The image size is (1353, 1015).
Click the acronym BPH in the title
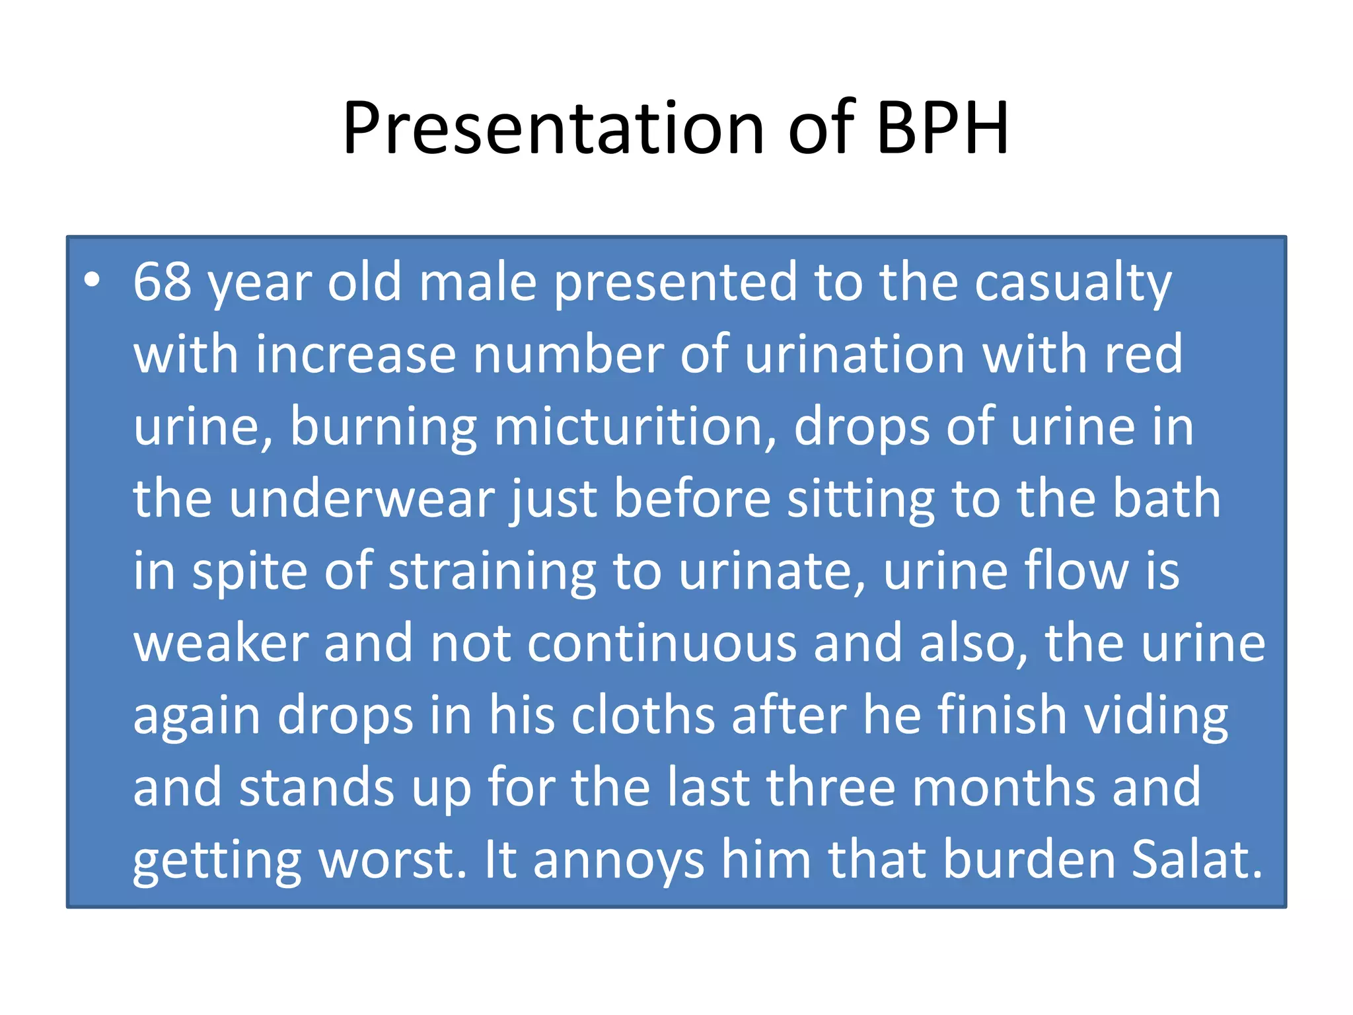pyautogui.click(x=943, y=128)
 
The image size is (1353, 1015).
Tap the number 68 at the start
pyautogui.click(x=163, y=282)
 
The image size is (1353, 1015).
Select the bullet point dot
pyautogui.click(x=92, y=280)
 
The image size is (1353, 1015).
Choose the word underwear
pyautogui.click(x=361, y=499)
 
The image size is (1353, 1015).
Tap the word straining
pyautogui.click(x=492, y=572)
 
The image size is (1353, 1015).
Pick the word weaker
pyautogui.click(x=221, y=644)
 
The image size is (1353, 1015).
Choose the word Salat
pyautogui.click(x=1196, y=860)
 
